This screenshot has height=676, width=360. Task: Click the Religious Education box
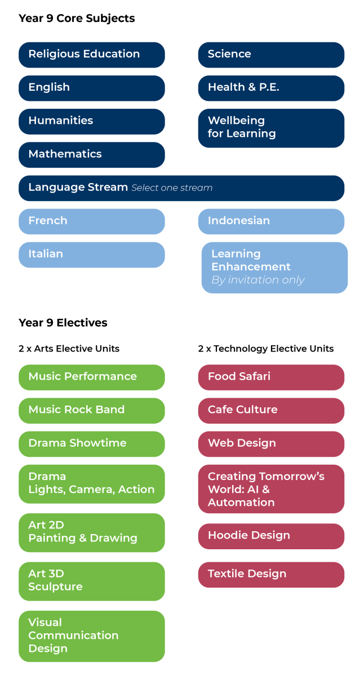pos(91,55)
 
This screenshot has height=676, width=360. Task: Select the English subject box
pos(91,88)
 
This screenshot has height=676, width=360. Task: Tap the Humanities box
pos(91,121)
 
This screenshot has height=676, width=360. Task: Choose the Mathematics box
pos(91,154)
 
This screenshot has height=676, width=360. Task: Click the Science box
pos(271,55)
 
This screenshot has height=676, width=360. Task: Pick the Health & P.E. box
pos(271,88)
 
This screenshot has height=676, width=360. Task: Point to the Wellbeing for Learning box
pos(271,128)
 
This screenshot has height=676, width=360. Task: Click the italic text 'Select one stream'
pos(172,188)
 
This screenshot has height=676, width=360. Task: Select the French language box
pos(91,221)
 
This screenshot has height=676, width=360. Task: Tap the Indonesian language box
pos(271,221)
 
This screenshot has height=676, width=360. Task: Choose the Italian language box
pos(91,255)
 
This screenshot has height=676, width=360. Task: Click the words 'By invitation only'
pos(257,280)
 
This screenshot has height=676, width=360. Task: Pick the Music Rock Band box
pos(91,410)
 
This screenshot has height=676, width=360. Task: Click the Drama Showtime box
pos(91,443)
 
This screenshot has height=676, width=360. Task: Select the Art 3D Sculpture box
pos(91,581)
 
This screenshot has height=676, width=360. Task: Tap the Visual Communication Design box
pos(91,636)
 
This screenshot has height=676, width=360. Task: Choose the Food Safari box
pos(271,377)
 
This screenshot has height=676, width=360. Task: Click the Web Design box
pos(271,443)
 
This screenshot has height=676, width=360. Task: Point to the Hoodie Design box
pos(271,536)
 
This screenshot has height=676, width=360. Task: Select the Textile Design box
pos(271,574)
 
